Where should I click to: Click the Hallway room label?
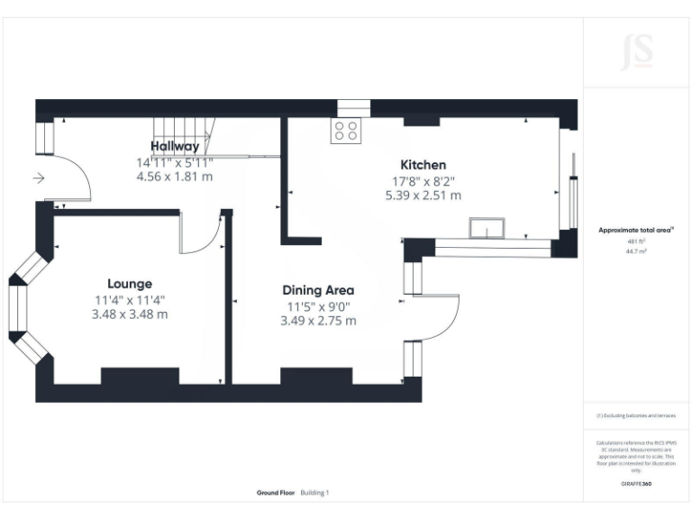(x=175, y=146)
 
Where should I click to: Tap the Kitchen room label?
(x=423, y=165)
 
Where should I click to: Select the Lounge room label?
(x=130, y=283)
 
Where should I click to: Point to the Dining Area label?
(x=318, y=290)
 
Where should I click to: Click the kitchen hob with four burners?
(x=348, y=132)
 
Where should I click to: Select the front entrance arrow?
(x=39, y=178)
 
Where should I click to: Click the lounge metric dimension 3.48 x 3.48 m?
(x=130, y=314)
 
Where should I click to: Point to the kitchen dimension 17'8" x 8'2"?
(x=423, y=180)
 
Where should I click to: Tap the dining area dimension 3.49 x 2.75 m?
(x=318, y=321)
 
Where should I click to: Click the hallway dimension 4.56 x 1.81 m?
(x=175, y=177)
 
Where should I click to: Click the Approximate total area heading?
(x=636, y=231)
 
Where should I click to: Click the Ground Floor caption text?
(x=277, y=493)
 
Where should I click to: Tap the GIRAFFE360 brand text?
(x=636, y=484)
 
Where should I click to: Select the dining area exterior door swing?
(x=439, y=315)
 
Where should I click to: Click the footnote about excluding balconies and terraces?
(x=636, y=415)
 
